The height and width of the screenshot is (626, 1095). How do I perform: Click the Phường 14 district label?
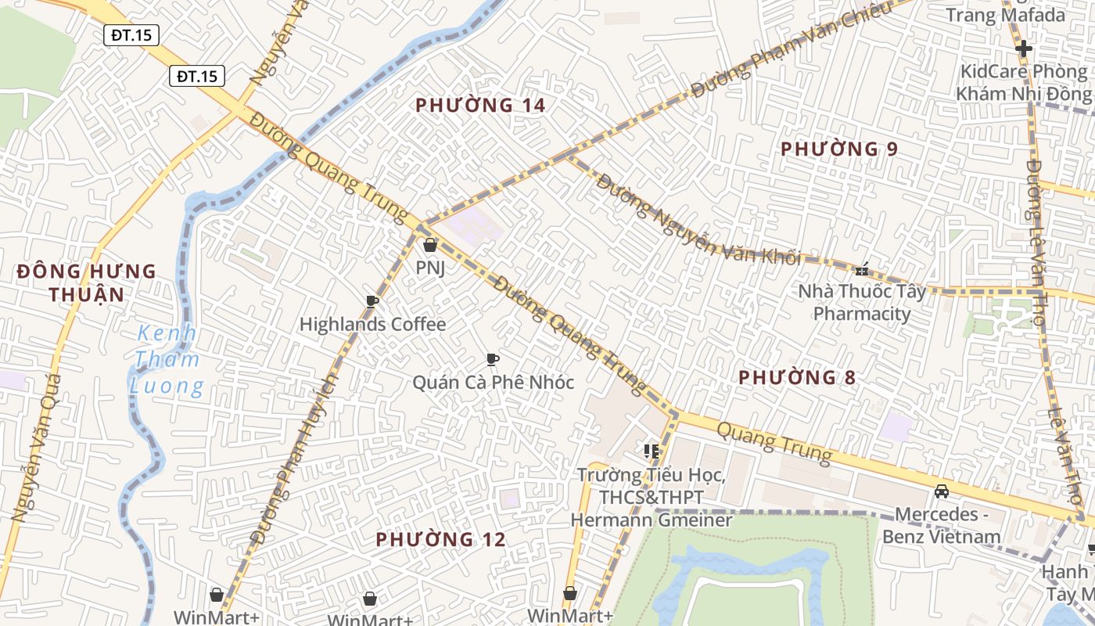(480, 105)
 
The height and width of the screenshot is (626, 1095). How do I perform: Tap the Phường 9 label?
(839, 149)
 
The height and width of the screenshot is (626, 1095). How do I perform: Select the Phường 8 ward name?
(797, 377)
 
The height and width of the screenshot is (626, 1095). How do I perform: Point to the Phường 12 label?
(440, 539)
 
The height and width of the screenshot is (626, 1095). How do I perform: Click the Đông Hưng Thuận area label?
(86, 282)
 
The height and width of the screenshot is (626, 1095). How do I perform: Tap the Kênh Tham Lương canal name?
(167, 360)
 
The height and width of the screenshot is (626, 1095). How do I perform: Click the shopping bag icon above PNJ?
(429, 246)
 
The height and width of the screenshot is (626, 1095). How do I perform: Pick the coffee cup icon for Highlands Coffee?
(372, 301)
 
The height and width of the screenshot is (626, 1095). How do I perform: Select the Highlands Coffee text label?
(372, 324)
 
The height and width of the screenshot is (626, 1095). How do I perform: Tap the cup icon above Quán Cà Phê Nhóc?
(492, 359)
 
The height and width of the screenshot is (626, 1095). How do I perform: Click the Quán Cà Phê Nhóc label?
(493, 383)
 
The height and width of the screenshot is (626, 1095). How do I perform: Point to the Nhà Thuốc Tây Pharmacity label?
(862, 303)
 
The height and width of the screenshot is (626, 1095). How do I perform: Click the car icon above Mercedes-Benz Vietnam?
(942, 491)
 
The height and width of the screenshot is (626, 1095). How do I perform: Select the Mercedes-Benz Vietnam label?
(942, 525)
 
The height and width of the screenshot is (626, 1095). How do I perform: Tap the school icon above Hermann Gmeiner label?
(651, 452)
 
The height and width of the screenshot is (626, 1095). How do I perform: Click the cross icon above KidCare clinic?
(1023, 49)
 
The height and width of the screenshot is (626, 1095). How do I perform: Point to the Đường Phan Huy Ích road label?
(295, 458)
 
